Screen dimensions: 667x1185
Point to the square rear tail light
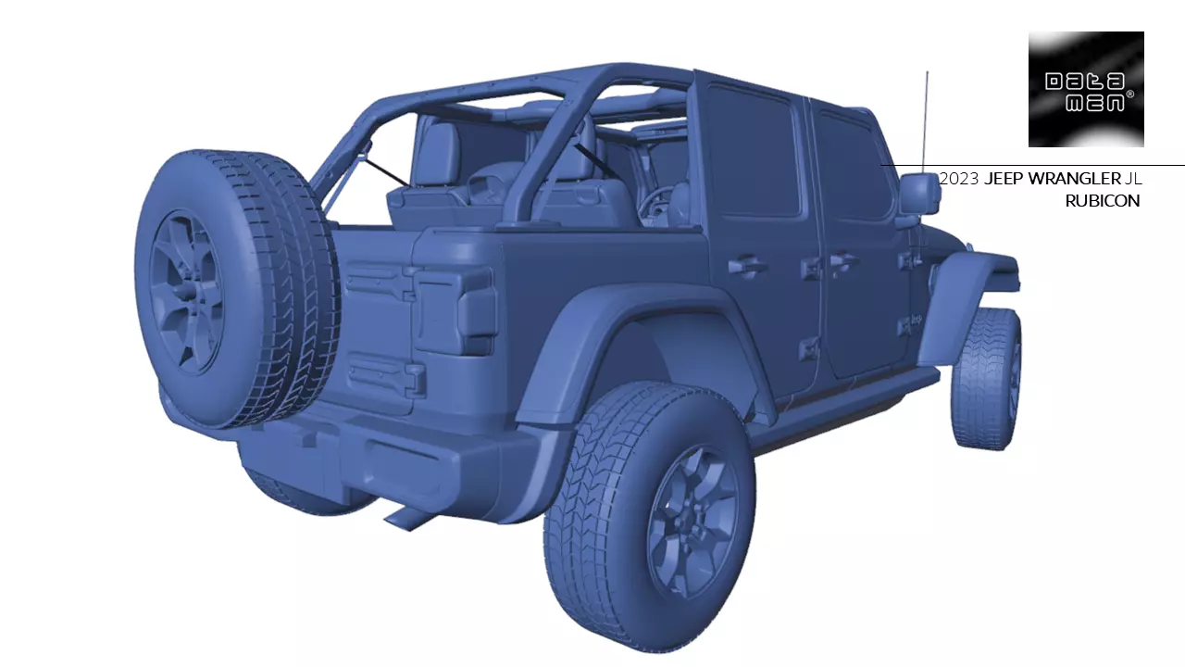point(455,309)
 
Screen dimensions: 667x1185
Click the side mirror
point(918,193)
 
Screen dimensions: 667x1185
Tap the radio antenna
point(925,120)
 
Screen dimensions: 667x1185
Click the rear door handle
point(746,267)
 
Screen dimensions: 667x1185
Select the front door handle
point(842,262)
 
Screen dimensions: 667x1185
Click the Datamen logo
point(1086,90)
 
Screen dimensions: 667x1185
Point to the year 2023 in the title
point(958,179)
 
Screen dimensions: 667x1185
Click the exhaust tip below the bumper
point(407,518)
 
